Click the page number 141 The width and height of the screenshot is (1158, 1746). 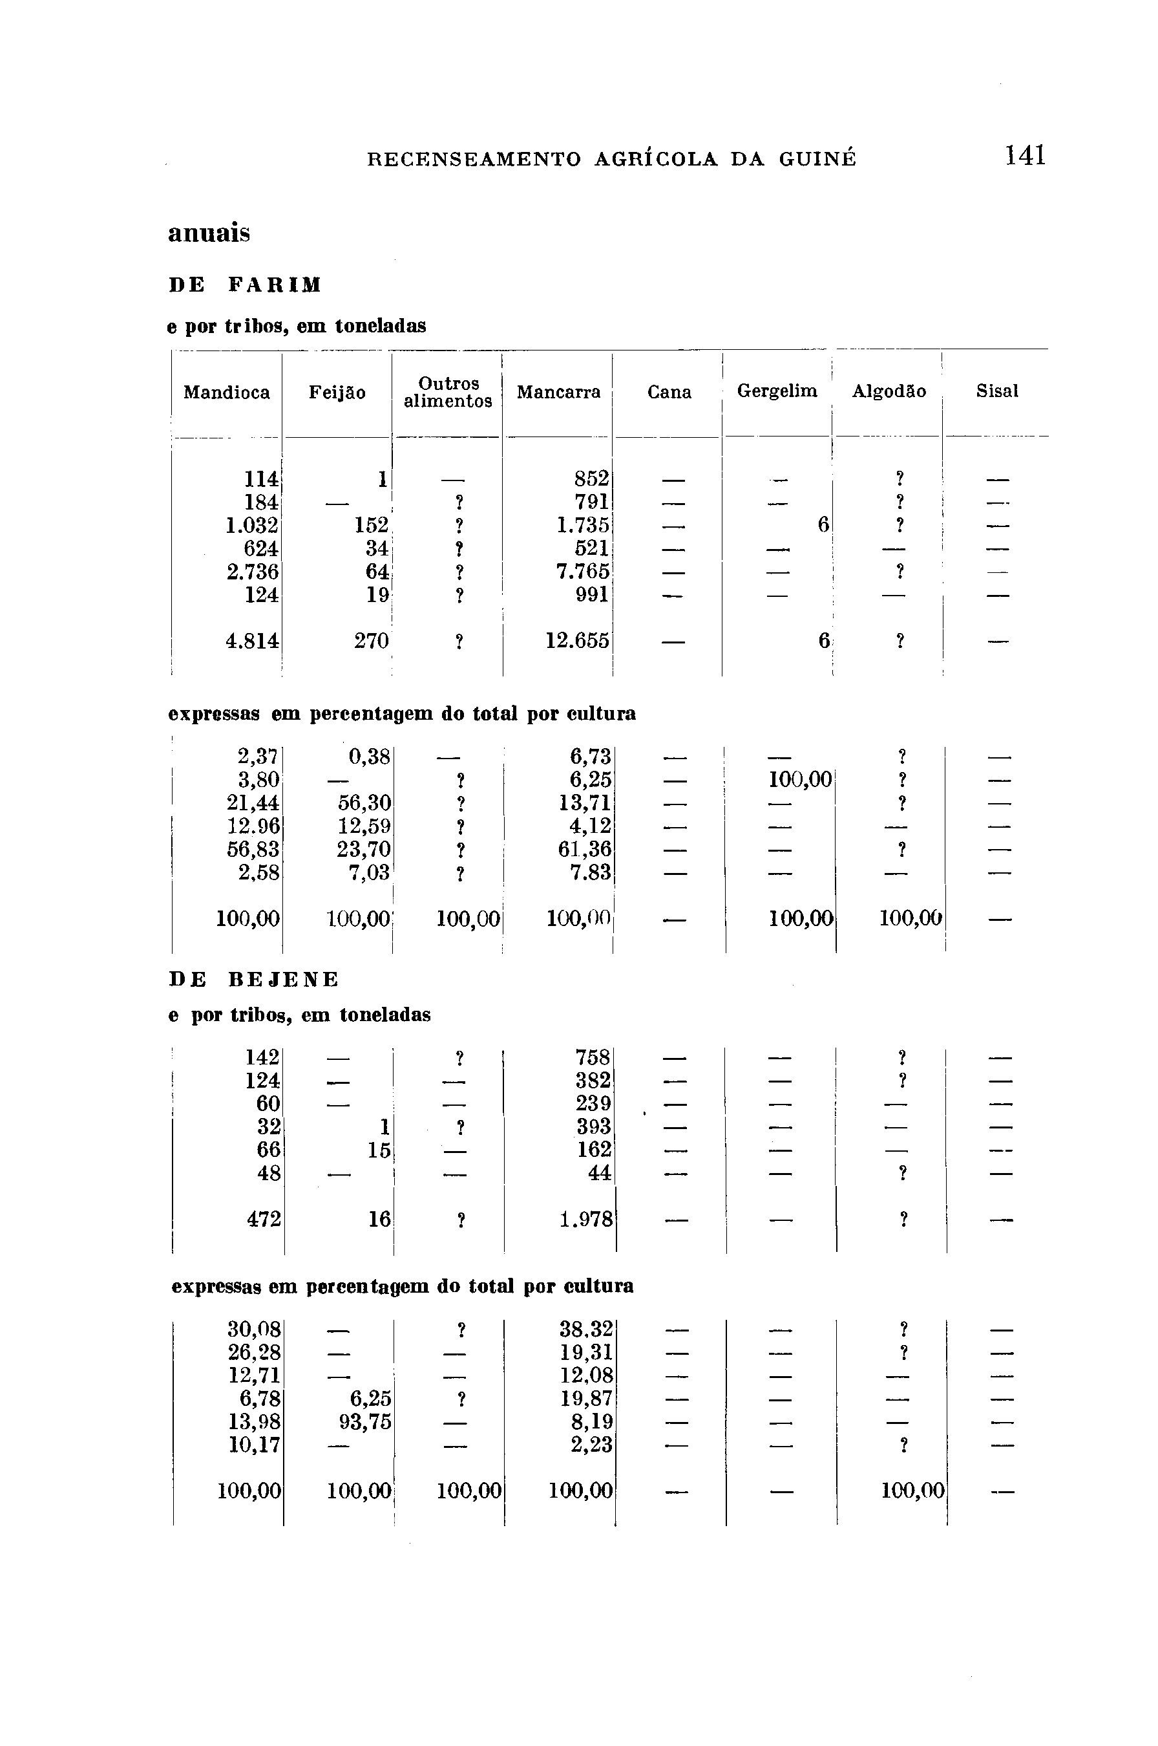1025,156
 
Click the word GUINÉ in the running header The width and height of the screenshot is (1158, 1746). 817,160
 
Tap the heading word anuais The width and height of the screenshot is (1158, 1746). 209,233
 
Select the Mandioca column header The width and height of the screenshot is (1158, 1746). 227,393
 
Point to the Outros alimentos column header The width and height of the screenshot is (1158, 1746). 448,393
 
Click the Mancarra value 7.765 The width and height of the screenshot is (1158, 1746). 583,572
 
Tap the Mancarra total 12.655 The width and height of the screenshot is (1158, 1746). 578,641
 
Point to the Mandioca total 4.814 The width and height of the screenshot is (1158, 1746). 252,641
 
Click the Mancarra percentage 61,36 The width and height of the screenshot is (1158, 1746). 584,849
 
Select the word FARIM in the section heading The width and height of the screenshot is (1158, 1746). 275,285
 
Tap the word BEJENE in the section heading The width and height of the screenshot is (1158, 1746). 283,980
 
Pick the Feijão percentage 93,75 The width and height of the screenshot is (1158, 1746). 365,1423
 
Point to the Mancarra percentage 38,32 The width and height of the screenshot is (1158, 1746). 585,1330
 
